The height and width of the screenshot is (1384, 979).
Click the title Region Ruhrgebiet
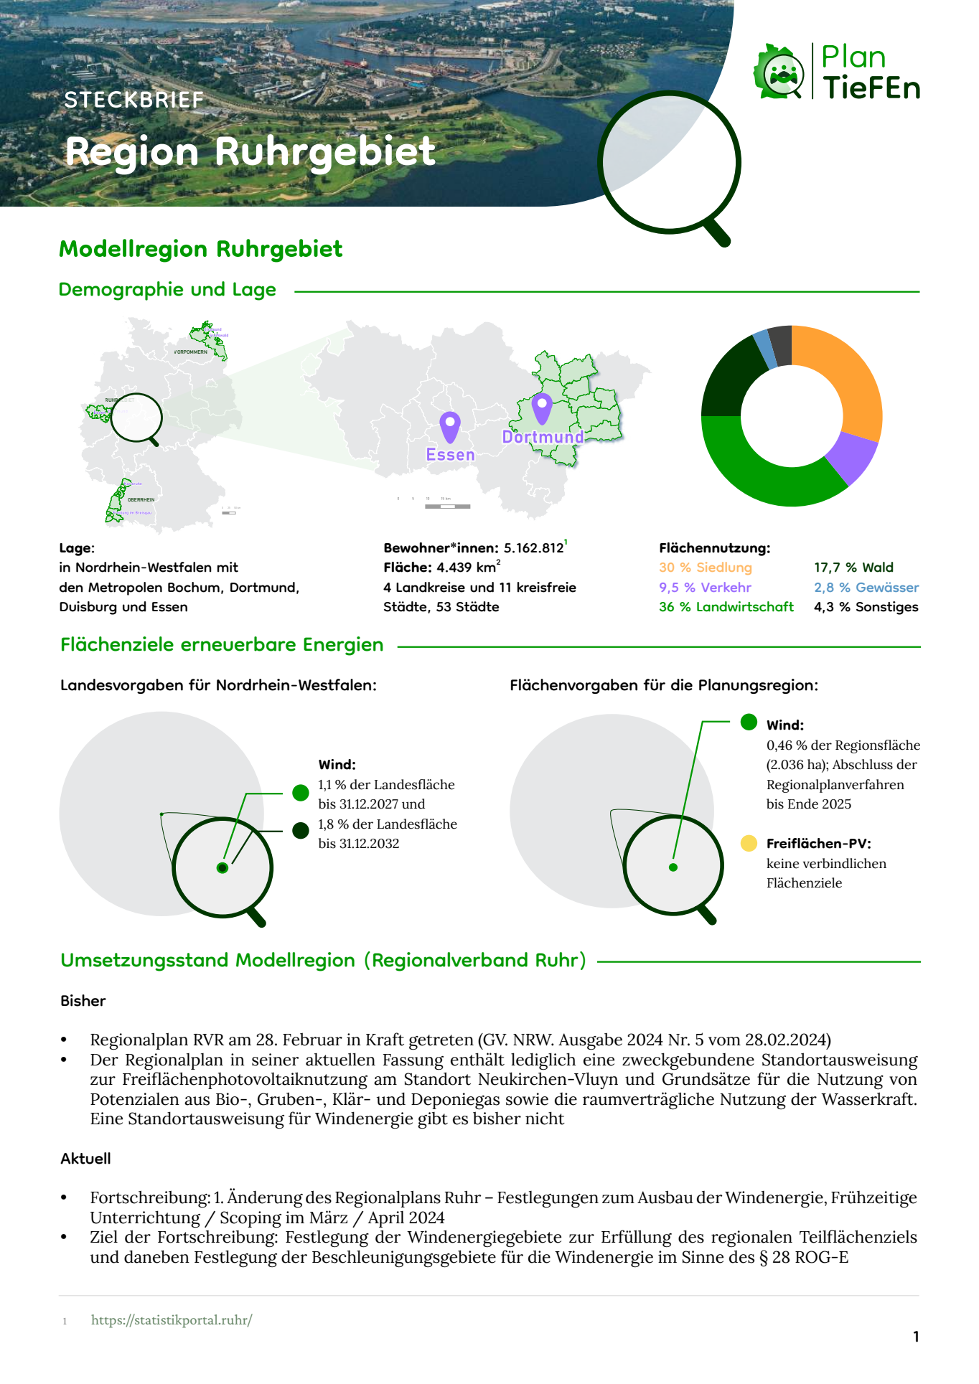pos(250,151)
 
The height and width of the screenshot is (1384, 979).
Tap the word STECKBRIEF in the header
pos(134,100)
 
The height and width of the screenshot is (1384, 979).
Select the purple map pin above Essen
pos(450,426)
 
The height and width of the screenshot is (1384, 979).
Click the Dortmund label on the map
pos(543,437)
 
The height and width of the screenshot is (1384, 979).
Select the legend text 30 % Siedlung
pos(705,568)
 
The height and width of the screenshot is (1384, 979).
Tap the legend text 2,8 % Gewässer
pos(866,588)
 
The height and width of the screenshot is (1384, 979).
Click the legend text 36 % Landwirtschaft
pos(726,607)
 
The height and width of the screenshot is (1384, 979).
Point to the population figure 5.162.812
pos(533,548)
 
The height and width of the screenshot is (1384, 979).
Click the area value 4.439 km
pos(466,568)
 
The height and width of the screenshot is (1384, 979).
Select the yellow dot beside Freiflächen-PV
pos(749,843)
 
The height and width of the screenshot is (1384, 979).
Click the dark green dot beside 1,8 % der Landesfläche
pos(301,830)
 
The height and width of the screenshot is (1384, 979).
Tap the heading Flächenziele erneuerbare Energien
pos(222,644)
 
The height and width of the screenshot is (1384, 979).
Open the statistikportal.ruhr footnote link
pos(172,1319)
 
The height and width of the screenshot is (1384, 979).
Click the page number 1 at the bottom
pos(916,1336)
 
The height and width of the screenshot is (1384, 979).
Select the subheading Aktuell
pos(85,1158)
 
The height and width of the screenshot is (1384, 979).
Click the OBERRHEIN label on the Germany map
pos(141,499)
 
